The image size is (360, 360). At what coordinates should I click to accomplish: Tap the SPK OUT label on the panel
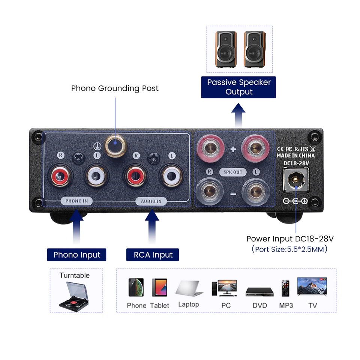[x=233, y=172]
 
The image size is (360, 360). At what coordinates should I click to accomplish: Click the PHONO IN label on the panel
[x=76, y=201]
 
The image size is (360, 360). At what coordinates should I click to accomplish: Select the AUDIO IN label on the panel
[x=151, y=201]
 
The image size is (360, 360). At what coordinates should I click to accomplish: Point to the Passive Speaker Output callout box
[x=238, y=87]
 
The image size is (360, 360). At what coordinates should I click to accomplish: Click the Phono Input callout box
[x=76, y=255]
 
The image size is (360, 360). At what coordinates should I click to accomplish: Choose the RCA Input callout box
[x=153, y=255]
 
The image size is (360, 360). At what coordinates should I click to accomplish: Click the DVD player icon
[x=259, y=291]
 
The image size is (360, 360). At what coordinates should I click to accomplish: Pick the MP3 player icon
[x=285, y=288]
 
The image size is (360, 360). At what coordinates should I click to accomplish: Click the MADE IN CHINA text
[x=295, y=155]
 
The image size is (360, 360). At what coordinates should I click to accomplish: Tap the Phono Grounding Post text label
[x=115, y=88]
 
